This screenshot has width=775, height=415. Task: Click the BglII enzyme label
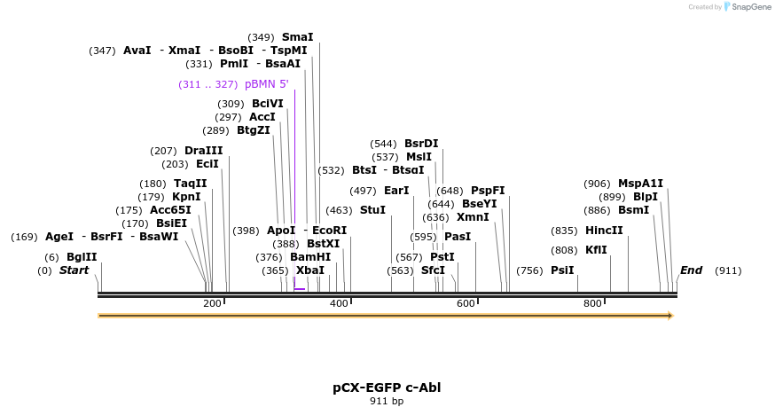point(81,257)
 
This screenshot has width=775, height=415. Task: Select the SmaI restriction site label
point(297,37)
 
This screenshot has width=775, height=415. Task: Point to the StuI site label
point(372,210)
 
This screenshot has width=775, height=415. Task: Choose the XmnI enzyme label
point(473,217)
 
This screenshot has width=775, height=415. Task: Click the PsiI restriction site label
point(562,270)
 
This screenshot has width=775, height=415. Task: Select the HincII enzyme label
point(604,231)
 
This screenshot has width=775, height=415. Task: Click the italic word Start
point(74,270)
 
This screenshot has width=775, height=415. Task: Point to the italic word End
point(691,270)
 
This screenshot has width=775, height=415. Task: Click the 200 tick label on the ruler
point(212,303)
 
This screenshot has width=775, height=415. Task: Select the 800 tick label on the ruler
point(592,303)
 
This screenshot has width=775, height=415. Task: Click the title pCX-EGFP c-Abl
point(387,388)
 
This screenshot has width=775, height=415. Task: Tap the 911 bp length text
point(387,402)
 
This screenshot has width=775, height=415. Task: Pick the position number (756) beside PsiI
point(529,270)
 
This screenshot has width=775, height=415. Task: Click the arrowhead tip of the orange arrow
point(671,316)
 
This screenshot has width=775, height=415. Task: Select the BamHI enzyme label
point(310,257)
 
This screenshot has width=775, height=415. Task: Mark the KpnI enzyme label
point(186,197)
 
